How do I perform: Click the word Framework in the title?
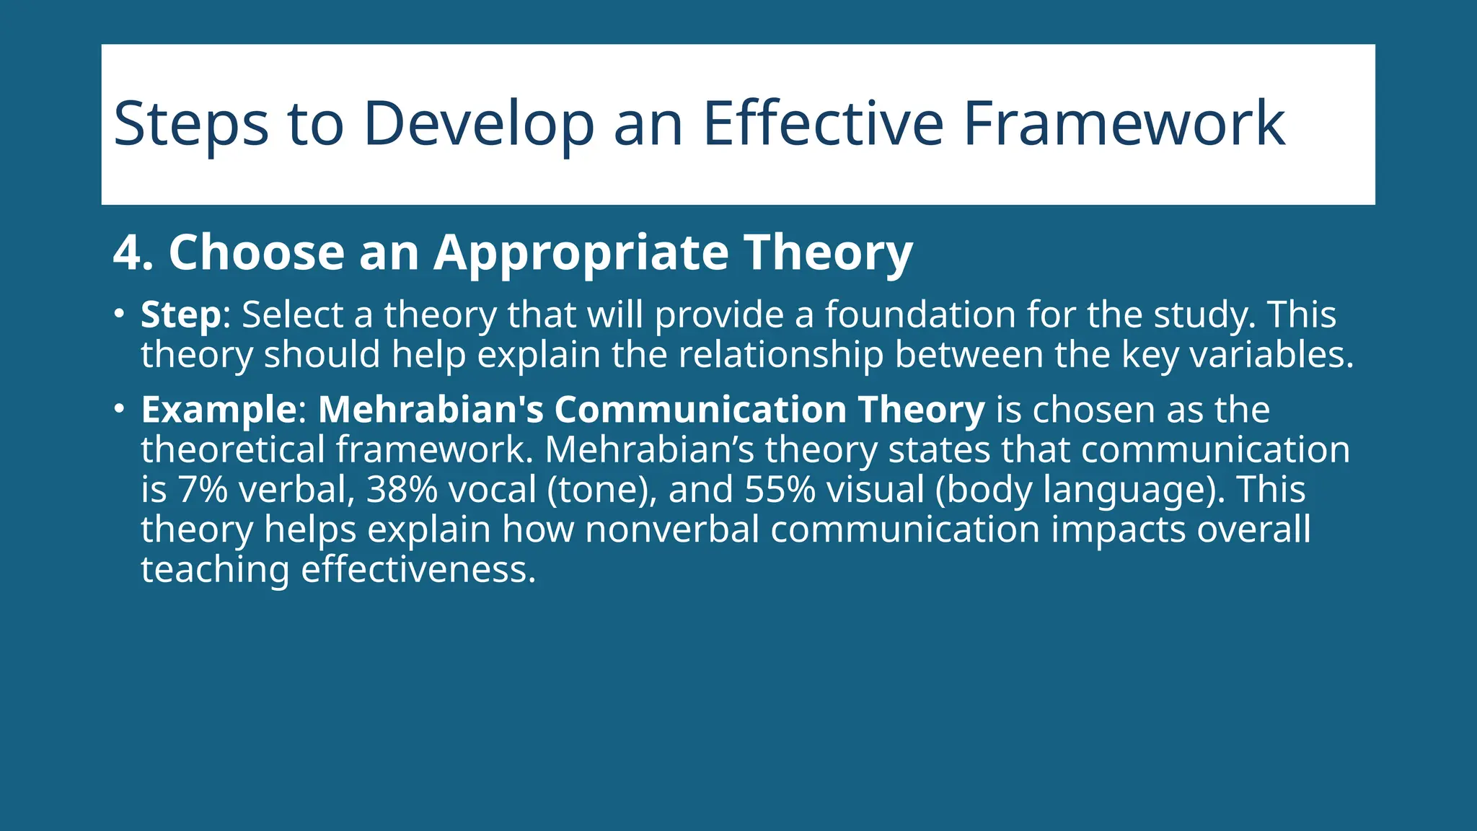(x=1124, y=124)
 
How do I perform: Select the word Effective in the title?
(x=822, y=124)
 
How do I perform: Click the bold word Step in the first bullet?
(x=180, y=315)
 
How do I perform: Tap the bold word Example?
(x=219, y=410)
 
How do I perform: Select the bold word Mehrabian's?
(x=431, y=409)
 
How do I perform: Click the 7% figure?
(x=203, y=489)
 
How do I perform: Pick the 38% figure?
(x=402, y=489)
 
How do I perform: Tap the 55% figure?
(x=780, y=489)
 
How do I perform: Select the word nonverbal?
(x=672, y=529)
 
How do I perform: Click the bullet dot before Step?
(x=119, y=315)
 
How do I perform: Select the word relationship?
(x=780, y=355)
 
